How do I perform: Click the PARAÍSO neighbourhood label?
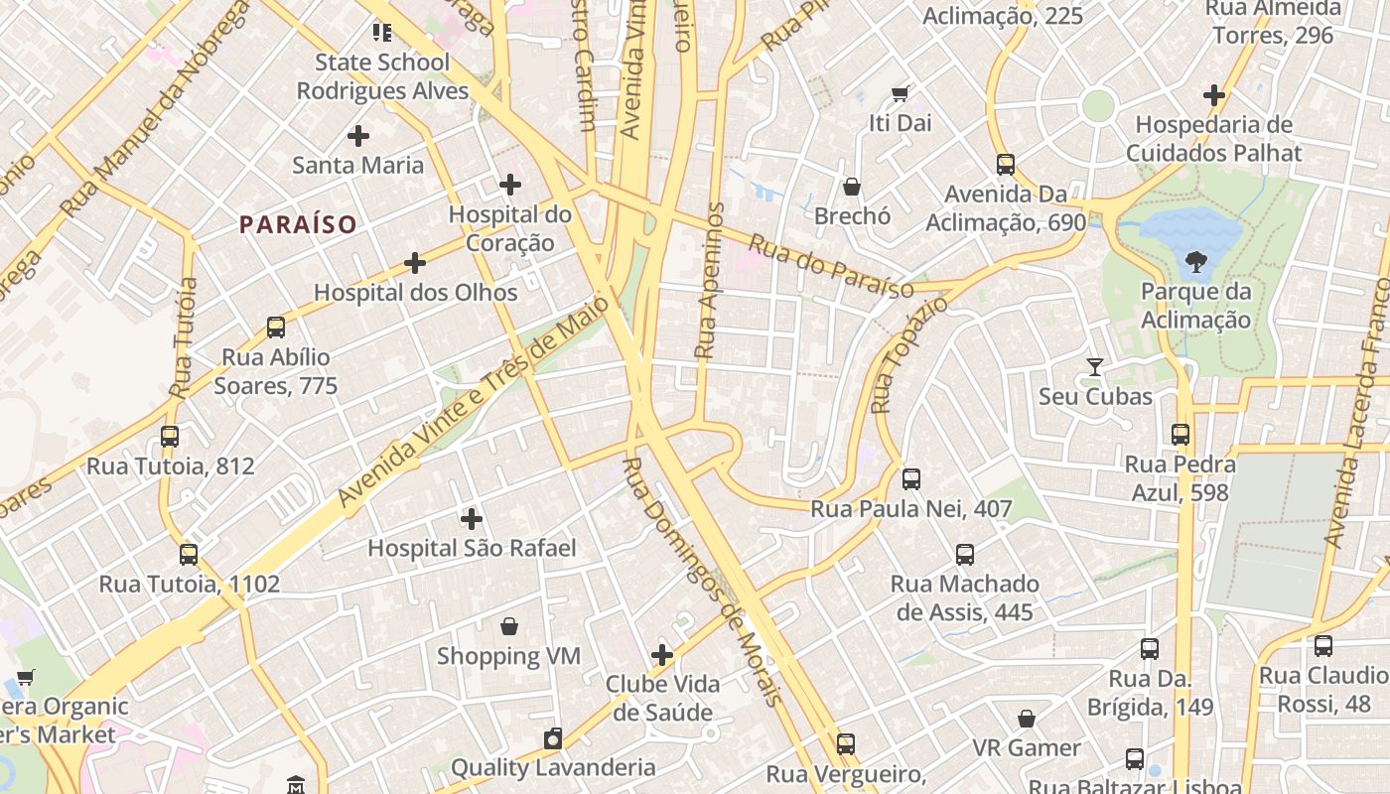coord(298,224)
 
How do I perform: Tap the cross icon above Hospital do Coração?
coord(510,185)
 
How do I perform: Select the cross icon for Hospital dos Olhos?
coord(415,263)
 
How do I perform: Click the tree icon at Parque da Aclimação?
coord(1195,262)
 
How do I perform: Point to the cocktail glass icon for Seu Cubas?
coord(1095,367)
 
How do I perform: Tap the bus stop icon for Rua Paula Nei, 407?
coord(911,479)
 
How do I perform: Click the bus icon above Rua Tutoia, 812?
coord(170,437)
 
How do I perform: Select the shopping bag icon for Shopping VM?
coord(509,626)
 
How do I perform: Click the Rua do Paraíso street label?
coord(830,266)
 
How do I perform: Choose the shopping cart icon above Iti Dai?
coord(901,94)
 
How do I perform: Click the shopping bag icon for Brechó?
coord(852,187)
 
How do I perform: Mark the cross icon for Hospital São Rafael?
coord(472,518)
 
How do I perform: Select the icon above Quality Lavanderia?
coord(553,738)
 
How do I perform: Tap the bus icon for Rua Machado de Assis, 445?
coord(965,555)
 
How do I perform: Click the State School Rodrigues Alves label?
coord(382,76)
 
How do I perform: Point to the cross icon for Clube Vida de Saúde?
coord(662,655)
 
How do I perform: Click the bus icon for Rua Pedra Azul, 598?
coord(1181,435)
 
